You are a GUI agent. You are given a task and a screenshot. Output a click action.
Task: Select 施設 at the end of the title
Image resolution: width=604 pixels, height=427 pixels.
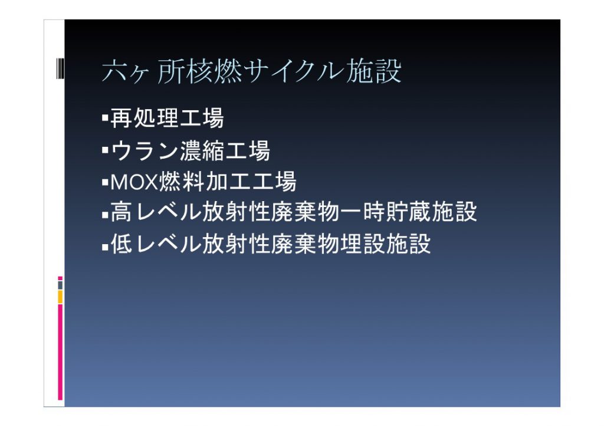(x=373, y=71)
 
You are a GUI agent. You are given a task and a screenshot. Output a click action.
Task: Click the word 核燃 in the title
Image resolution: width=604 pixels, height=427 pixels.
(x=214, y=71)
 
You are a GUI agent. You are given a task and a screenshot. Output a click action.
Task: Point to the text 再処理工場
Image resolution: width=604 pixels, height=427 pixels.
(x=167, y=118)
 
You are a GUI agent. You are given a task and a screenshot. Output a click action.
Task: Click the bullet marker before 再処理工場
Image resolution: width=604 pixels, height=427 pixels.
(x=105, y=117)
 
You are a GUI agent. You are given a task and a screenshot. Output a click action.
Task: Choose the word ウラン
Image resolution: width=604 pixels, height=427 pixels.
(x=145, y=150)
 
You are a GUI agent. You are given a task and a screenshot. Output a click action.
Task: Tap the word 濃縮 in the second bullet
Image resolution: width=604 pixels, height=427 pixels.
(x=202, y=150)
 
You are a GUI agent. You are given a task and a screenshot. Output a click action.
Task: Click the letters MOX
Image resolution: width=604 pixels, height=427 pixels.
(x=134, y=182)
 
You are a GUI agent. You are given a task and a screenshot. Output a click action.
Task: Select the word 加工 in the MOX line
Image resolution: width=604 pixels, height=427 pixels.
(x=228, y=182)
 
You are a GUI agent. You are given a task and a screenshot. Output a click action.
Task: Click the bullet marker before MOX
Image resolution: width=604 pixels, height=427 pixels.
(x=105, y=182)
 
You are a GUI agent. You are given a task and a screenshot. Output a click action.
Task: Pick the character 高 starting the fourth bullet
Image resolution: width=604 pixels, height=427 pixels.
(x=122, y=212)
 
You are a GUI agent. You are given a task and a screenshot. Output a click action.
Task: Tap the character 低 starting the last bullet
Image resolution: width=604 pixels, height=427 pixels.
(x=122, y=244)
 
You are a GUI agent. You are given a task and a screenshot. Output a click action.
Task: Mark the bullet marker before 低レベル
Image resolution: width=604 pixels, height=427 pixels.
(x=105, y=246)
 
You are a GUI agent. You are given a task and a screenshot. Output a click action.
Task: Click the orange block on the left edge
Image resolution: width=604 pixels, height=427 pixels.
(x=60, y=297)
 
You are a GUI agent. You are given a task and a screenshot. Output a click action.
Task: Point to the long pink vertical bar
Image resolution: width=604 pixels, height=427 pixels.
(x=60, y=352)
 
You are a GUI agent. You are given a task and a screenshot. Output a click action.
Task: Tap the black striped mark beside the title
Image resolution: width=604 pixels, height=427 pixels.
(x=60, y=68)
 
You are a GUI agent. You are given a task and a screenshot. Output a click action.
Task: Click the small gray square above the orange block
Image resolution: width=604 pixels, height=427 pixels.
(x=60, y=285)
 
